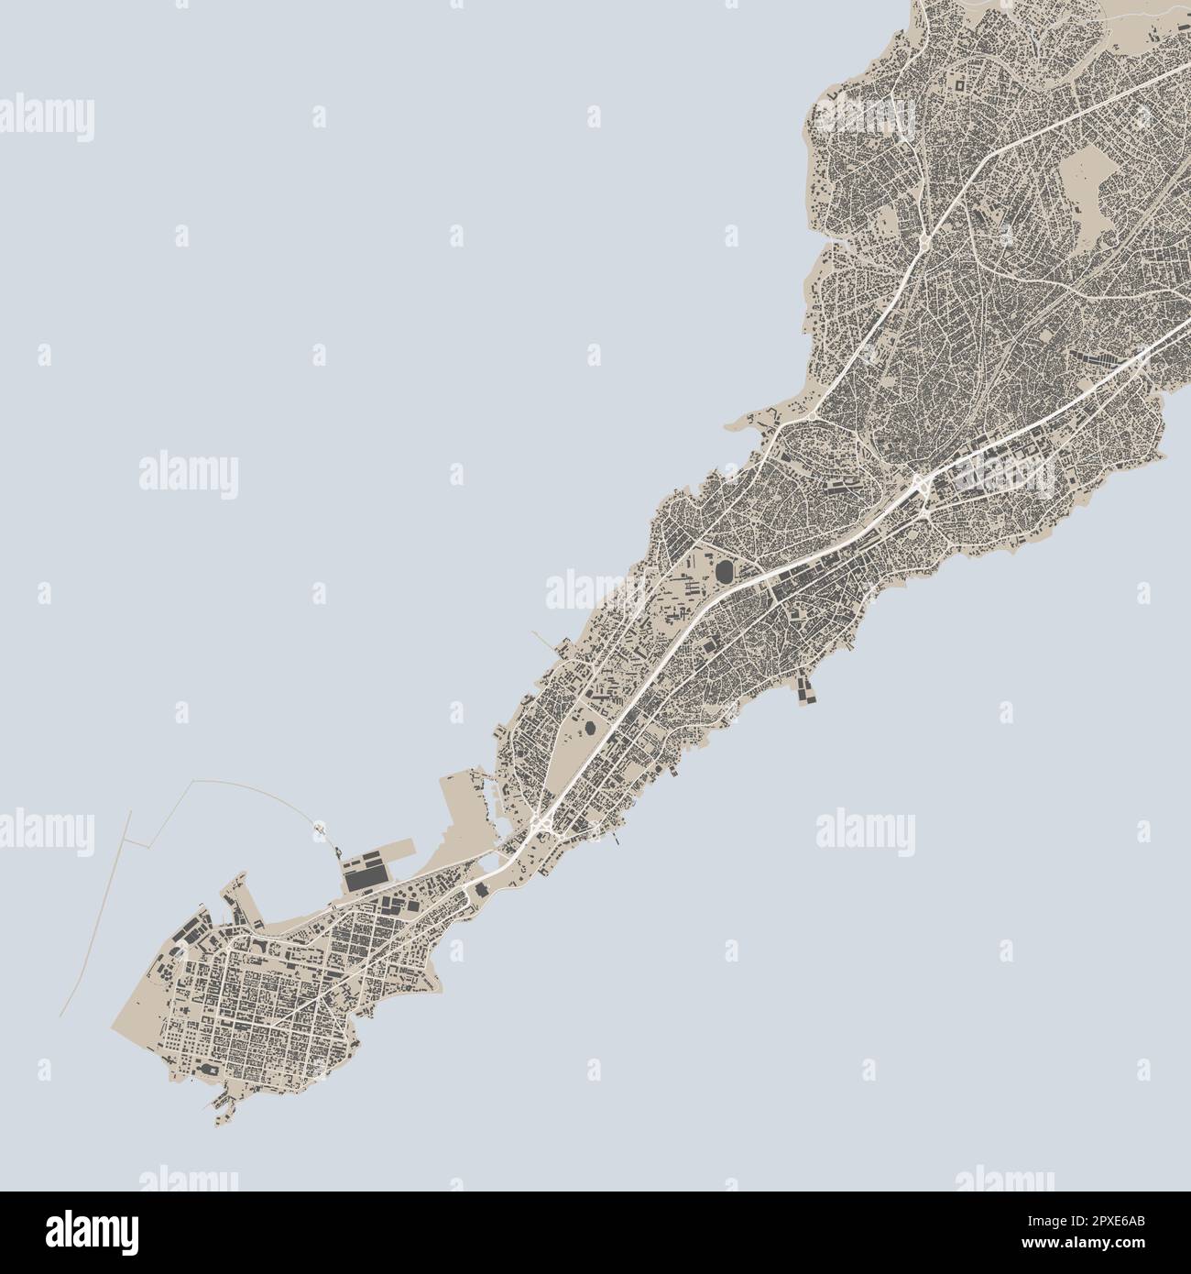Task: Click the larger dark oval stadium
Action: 726,573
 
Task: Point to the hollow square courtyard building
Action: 958,85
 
